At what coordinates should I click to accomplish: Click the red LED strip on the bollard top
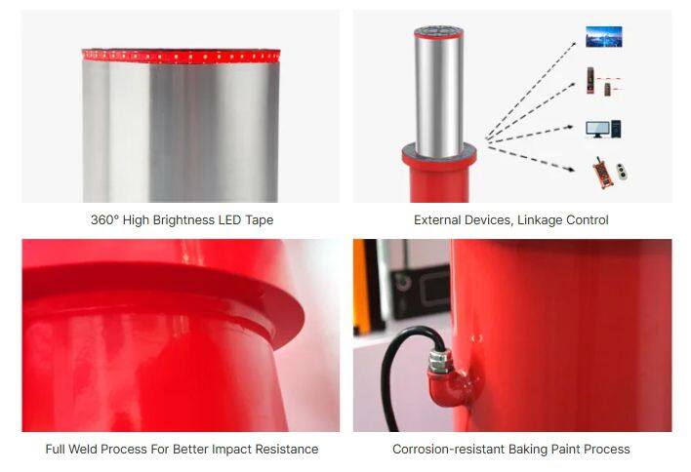(x=182, y=56)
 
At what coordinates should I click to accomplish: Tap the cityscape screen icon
(x=604, y=36)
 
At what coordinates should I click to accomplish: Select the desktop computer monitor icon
(x=597, y=130)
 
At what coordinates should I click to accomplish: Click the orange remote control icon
(x=604, y=173)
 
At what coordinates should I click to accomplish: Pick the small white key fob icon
(x=622, y=172)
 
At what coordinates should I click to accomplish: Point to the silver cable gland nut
(x=438, y=361)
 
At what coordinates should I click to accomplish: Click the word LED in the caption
(x=229, y=219)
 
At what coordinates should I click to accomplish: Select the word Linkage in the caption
(x=538, y=219)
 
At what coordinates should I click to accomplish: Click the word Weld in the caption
(x=82, y=450)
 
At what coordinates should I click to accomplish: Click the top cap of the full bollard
(x=438, y=32)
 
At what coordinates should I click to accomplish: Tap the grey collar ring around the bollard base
(x=439, y=151)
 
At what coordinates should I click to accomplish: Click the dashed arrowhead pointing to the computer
(x=569, y=127)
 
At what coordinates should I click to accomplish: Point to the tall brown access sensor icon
(x=589, y=81)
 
